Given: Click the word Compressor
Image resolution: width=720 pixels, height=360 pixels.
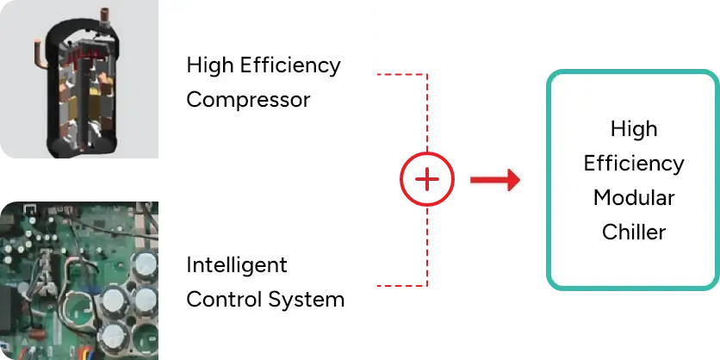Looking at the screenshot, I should [248, 99].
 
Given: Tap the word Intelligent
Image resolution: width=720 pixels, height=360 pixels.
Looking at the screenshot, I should [237, 264].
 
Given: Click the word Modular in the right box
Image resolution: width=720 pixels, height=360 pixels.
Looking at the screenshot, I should [633, 197].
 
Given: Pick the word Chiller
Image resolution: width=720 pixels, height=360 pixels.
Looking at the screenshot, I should [633, 231].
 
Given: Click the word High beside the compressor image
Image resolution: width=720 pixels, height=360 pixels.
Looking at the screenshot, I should [210, 65].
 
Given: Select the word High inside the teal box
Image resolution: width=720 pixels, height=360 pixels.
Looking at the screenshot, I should [633, 129].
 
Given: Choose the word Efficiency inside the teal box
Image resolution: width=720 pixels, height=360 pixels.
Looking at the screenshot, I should [633, 163].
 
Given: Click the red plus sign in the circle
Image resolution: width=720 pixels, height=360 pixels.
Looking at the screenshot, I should [426, 179].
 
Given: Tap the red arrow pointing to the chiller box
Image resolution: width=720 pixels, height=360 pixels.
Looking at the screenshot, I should [493, 179].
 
